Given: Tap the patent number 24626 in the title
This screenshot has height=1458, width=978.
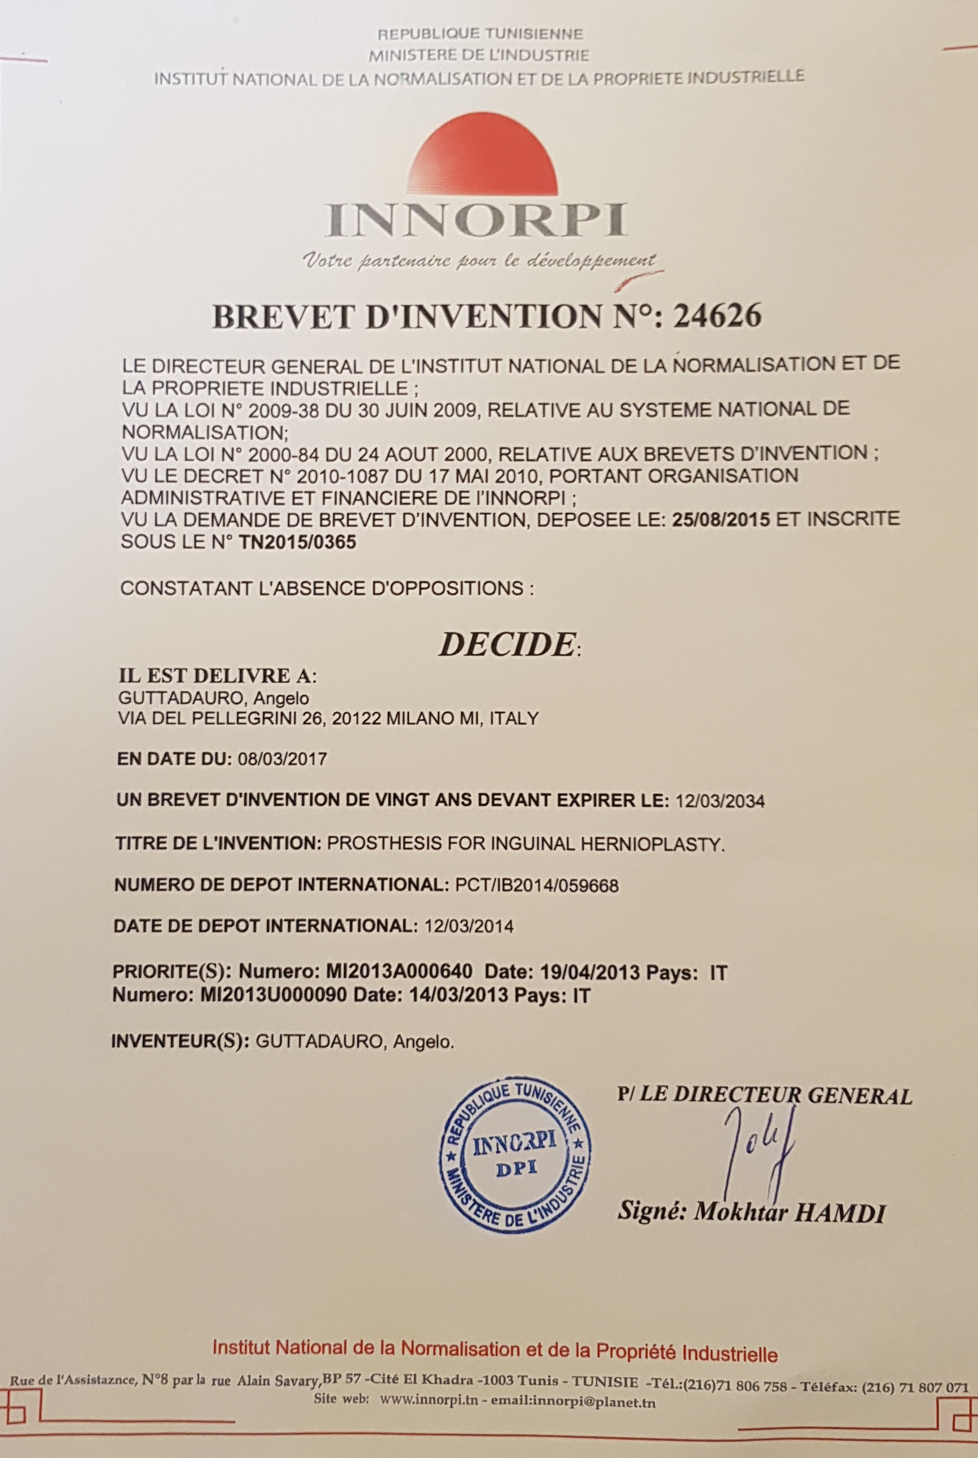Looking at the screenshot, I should click(717, 316).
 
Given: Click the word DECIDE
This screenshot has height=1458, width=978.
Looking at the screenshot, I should click(506, 644).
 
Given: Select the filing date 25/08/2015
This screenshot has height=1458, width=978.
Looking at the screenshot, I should click(722, 519).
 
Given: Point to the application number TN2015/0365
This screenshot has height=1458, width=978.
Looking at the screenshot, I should click(298, 542).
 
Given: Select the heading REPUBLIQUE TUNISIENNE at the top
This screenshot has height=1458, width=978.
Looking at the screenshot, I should click(480, 34).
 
